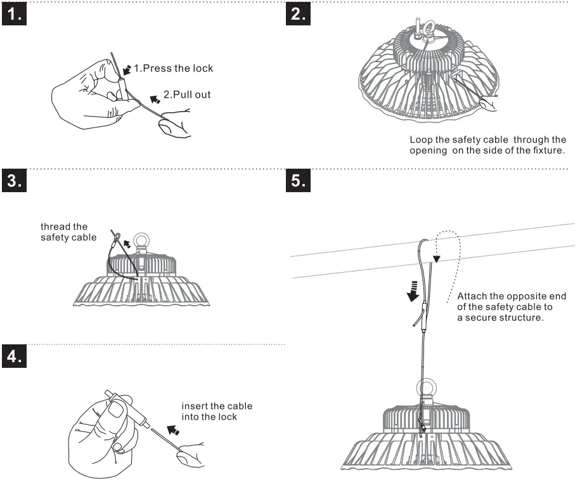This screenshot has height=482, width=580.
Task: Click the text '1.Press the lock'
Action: (x=173, y=68)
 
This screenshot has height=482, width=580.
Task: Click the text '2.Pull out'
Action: (x=187, y=94)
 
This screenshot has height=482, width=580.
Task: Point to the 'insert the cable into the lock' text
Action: (x=216, y=411)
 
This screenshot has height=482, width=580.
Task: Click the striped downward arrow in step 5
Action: (x=413, y=290)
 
